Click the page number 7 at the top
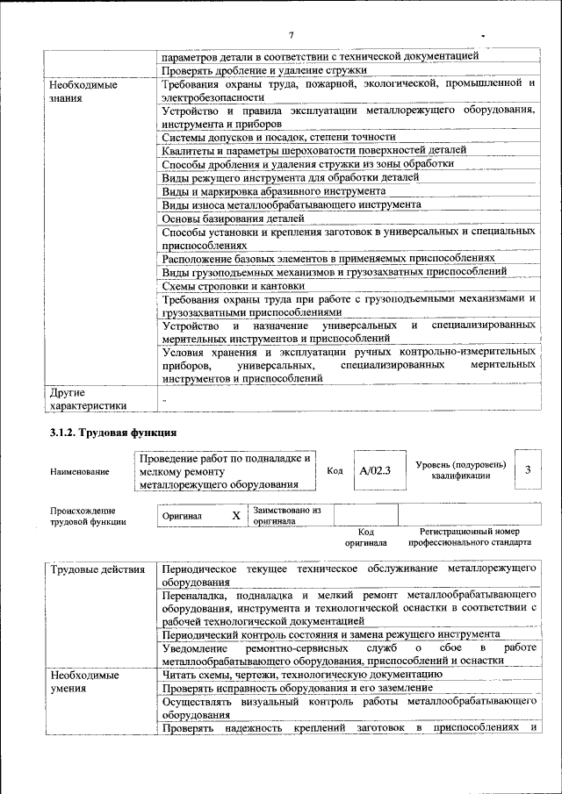[x=290, y=35]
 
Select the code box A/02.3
[x=374, y=470]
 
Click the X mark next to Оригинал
[x=235, y=516]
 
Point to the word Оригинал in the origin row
[x=183, y=516]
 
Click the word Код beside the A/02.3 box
[x=335, y=470]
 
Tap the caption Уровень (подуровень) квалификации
[x=460, y=469]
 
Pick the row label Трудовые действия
[x=97, y=569]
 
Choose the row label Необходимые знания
[x=83, y=91]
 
